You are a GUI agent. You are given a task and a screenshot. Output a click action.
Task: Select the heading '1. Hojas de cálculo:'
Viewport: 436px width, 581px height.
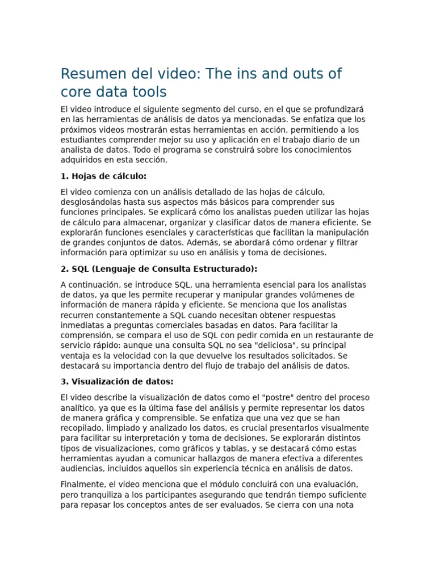(x=103, y=176)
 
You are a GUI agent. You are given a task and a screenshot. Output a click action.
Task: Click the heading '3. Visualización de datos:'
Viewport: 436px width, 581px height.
(x=117, y=381)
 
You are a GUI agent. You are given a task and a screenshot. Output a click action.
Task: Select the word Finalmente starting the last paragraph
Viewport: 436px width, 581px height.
(x=83, y=485)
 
